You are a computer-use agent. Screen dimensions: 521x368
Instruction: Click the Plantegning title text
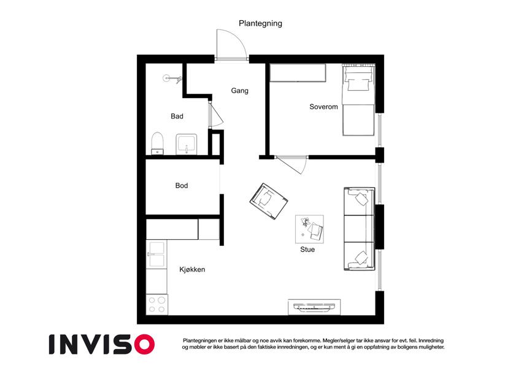coord(260,23)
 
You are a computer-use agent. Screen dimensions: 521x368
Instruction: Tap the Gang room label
coord(239,91)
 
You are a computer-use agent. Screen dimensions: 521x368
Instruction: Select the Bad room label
coord(177,117)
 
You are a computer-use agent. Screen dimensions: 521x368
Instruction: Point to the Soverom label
coord(323,107)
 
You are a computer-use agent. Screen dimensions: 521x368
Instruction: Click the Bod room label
coord(182,186)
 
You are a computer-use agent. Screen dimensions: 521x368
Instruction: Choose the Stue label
coord(307,250)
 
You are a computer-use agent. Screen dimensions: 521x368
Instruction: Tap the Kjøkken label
coord(192,269)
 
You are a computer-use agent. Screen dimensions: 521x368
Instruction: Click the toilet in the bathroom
coord(157,144)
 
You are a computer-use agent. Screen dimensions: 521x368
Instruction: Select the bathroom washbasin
coord(187,144)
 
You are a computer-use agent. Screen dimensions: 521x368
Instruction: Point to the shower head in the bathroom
coord(171,79)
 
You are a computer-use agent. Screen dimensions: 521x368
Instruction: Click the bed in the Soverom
coord(359,101)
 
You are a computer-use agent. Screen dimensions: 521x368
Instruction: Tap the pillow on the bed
coord(358,85)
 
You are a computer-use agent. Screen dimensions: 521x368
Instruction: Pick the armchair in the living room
coord(269,201)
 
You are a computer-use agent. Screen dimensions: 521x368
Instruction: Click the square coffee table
coord(309,229)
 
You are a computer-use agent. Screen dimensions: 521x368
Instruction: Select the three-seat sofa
coord(360,229)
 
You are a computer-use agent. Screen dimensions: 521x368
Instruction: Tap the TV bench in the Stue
coord(314,307)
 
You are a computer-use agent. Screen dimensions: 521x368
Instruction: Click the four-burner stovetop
coord(157,305)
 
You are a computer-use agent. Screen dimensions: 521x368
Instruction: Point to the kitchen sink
coord(156,254)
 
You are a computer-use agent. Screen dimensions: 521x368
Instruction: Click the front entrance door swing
coord(231,45)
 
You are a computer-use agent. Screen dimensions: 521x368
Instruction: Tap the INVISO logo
coord(102,344)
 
